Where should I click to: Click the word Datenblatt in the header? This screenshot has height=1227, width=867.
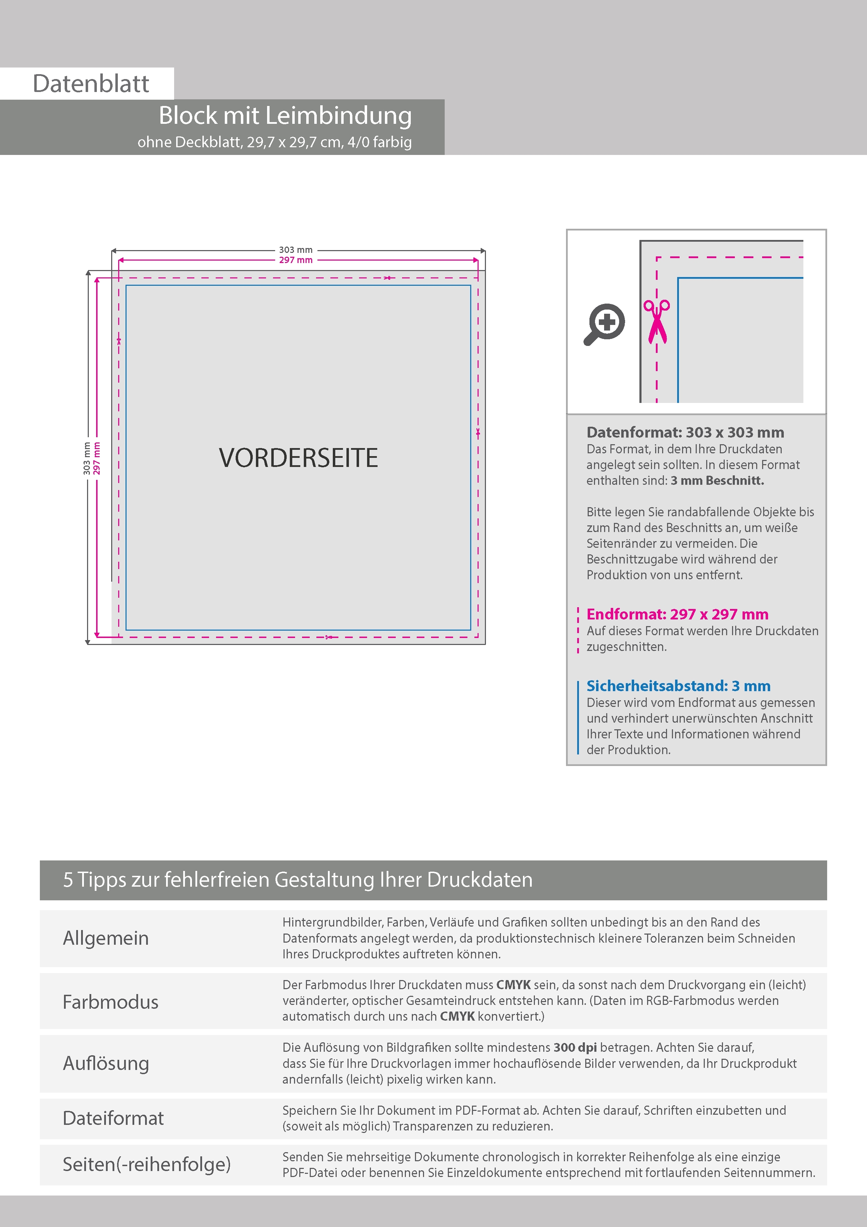91,84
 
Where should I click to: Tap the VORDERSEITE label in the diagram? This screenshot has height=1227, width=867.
298,458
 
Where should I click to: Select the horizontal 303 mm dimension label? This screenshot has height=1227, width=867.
295,250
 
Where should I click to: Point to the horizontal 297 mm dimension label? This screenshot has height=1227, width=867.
295,260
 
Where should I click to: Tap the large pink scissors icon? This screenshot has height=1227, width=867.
657,321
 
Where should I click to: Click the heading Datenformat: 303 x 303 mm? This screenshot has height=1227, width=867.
685,432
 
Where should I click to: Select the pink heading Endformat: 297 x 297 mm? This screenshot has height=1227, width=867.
677,614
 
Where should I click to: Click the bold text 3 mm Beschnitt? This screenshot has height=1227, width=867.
717,481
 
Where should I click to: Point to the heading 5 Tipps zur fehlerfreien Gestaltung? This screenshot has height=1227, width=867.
298,880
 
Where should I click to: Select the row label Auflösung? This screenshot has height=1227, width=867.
106,1063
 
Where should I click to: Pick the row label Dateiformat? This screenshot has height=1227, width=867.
113,1118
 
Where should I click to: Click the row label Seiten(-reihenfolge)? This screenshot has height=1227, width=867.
146,1164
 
